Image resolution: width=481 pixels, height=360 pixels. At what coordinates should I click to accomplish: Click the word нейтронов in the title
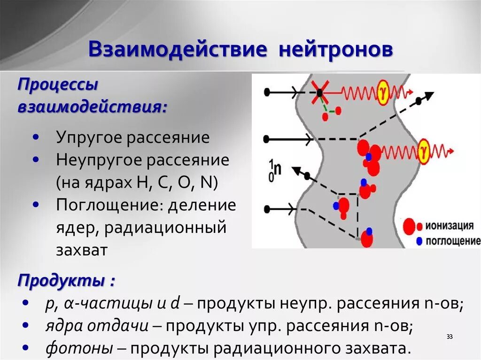[336, 50]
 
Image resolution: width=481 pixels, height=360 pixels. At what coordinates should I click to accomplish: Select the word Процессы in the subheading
[58, 85]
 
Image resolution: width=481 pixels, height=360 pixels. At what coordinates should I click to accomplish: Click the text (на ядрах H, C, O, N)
[137, 183]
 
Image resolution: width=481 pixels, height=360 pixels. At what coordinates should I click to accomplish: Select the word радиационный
[166, 228]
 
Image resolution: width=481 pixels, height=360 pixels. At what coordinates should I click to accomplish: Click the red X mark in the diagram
[319, 92]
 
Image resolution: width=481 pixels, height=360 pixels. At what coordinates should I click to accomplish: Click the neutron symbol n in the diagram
[277, 169]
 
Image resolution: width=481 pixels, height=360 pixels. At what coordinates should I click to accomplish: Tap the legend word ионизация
[450, 226]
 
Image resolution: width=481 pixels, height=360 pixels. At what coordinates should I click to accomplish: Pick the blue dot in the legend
[419, 241]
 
